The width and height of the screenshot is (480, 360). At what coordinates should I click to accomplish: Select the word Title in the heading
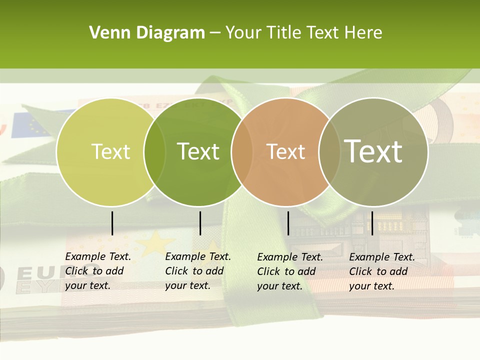point(283,33)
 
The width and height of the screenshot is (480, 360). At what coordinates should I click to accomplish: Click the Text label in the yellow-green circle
point(110,151)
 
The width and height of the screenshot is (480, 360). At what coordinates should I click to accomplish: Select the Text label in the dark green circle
point(198,151)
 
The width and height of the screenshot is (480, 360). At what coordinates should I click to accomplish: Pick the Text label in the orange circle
point(285,151)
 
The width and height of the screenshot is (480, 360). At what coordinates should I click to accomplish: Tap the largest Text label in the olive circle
point(373,151)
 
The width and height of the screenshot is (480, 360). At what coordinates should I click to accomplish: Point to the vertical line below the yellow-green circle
point(112,223)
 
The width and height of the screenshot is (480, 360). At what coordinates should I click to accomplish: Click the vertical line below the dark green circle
point(200,223)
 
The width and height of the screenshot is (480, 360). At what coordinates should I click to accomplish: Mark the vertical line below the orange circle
point(288,223)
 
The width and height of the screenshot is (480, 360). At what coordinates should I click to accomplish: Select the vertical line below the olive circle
point(372,223)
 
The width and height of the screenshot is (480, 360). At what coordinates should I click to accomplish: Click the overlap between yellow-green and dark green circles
point(154,152)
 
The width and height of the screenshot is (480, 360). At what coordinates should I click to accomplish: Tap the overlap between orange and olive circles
point(329,152)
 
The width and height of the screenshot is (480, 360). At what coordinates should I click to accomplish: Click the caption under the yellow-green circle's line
point(98,271)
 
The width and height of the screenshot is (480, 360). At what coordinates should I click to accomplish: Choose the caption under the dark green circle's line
point(198,271)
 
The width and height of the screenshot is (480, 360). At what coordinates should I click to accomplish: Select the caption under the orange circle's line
point(290,271)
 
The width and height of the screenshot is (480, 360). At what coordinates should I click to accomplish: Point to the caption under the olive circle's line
point(382,271)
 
